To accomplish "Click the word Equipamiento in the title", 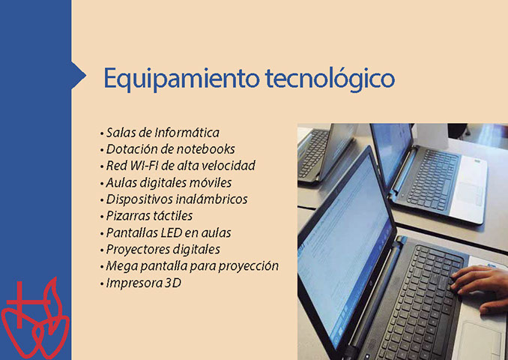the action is click(181, 79).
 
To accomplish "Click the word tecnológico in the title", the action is click(330, 79).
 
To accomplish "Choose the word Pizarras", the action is click(122, 216).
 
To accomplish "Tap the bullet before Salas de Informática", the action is click(102, 133).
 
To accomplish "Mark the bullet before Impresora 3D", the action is click(102, 283).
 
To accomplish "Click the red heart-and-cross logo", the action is click(35, 319).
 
